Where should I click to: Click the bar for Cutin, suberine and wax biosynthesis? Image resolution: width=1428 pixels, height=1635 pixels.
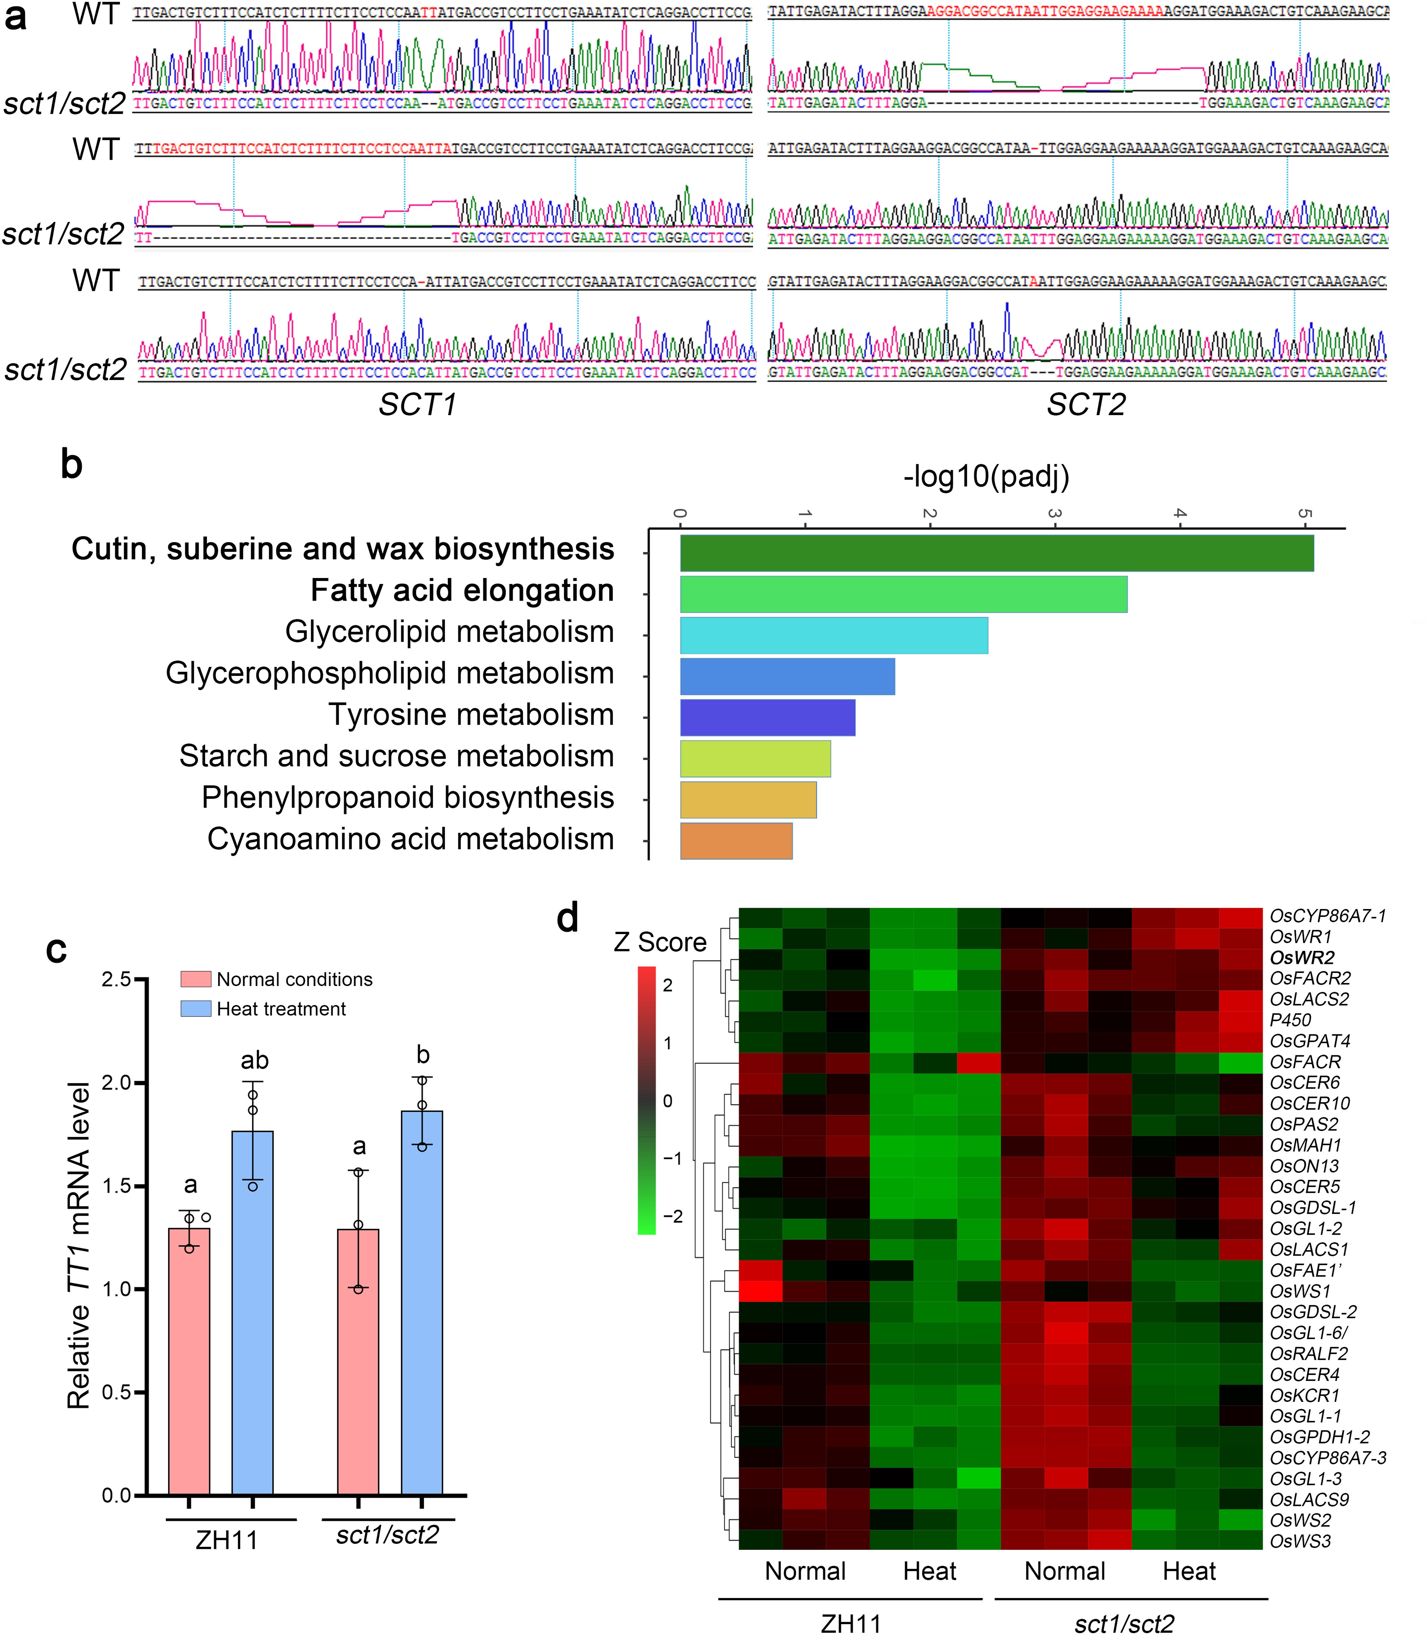click(x=996, y=553)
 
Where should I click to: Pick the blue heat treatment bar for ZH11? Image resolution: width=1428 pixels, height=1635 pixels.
click(x=253, y=1311)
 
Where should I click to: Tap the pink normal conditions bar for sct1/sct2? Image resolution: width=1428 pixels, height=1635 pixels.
click(x=358, y=1361)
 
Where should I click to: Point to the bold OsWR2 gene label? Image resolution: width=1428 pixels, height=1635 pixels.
click(x=1301, y=957)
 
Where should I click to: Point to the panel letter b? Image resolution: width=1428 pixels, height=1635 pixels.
click(x=72, y=464)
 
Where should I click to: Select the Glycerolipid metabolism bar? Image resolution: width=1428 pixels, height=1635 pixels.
click(x=834, y=635)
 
